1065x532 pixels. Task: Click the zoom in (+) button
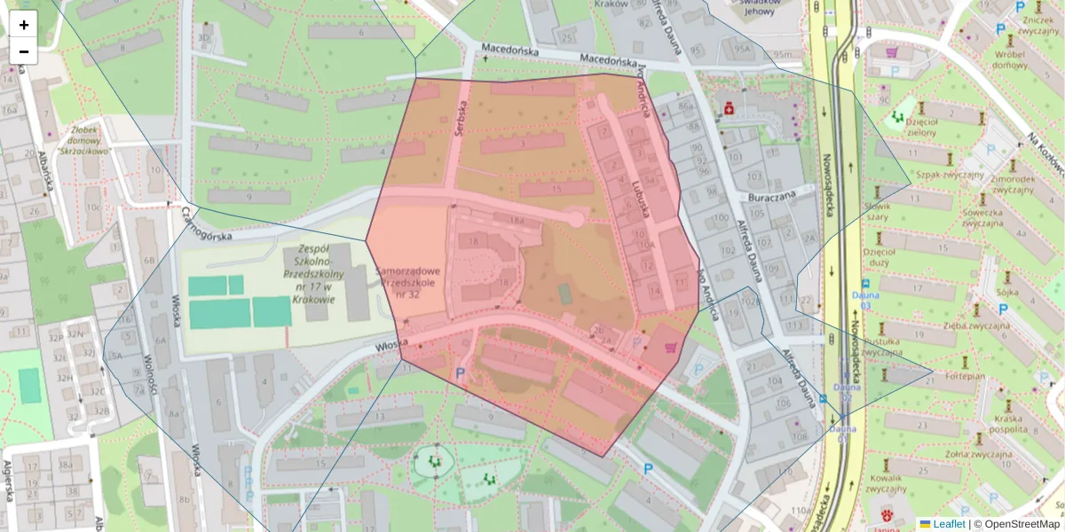pos(24,25)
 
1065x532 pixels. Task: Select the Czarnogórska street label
pos(207,225)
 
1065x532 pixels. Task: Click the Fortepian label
pos(966,375)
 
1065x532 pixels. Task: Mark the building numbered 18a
pos(517,218)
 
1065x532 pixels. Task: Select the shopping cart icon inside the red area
pos(672,347)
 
